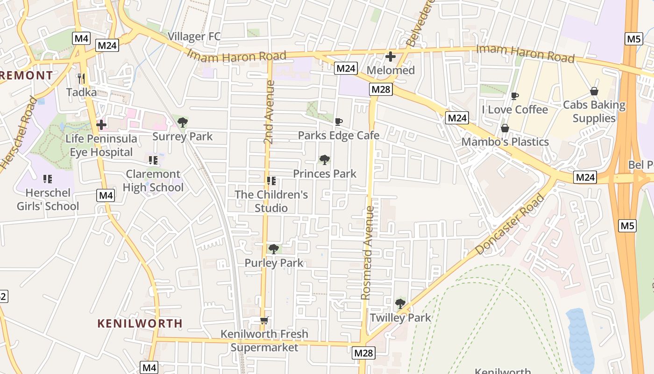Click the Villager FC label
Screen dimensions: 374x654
194,36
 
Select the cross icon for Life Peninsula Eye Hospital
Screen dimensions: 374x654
101,125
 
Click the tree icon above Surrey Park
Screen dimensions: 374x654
182,122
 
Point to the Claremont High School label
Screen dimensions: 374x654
153,180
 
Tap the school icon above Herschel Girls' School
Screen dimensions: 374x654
47,179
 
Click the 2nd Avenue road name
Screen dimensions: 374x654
269,112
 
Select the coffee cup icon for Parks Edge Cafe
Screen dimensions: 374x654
339,122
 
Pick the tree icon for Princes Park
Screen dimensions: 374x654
324,160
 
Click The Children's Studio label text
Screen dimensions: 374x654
271,201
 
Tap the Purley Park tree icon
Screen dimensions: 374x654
274,249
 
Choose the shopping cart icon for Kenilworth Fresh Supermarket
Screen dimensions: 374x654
264,321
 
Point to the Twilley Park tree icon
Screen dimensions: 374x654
400,304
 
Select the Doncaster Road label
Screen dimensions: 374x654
510,224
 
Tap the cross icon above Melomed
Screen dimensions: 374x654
391,57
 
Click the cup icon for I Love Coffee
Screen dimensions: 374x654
515,96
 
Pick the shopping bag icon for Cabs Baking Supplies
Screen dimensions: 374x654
594,91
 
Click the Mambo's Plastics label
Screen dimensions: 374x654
505,142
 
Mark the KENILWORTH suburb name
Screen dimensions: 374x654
140,323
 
